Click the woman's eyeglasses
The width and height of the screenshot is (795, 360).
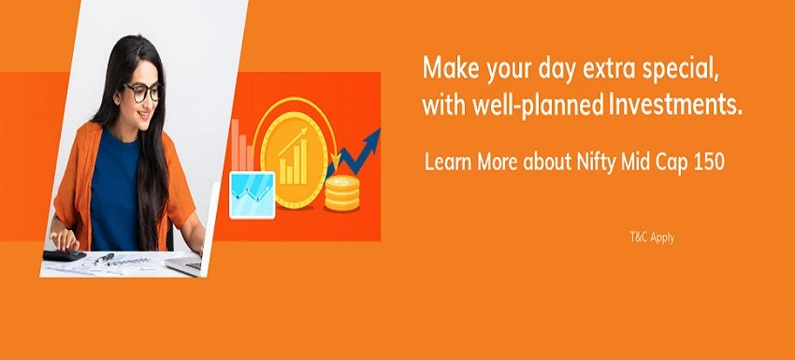point(143,92)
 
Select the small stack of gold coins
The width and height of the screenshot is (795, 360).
point(342,194)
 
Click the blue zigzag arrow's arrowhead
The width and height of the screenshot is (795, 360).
point(373,137)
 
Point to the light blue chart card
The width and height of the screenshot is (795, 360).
point(252,194)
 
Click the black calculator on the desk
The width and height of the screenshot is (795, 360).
point(63,254)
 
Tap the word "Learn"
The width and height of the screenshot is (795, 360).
point(448,161)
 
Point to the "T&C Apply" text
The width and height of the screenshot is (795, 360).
point(651,238)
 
